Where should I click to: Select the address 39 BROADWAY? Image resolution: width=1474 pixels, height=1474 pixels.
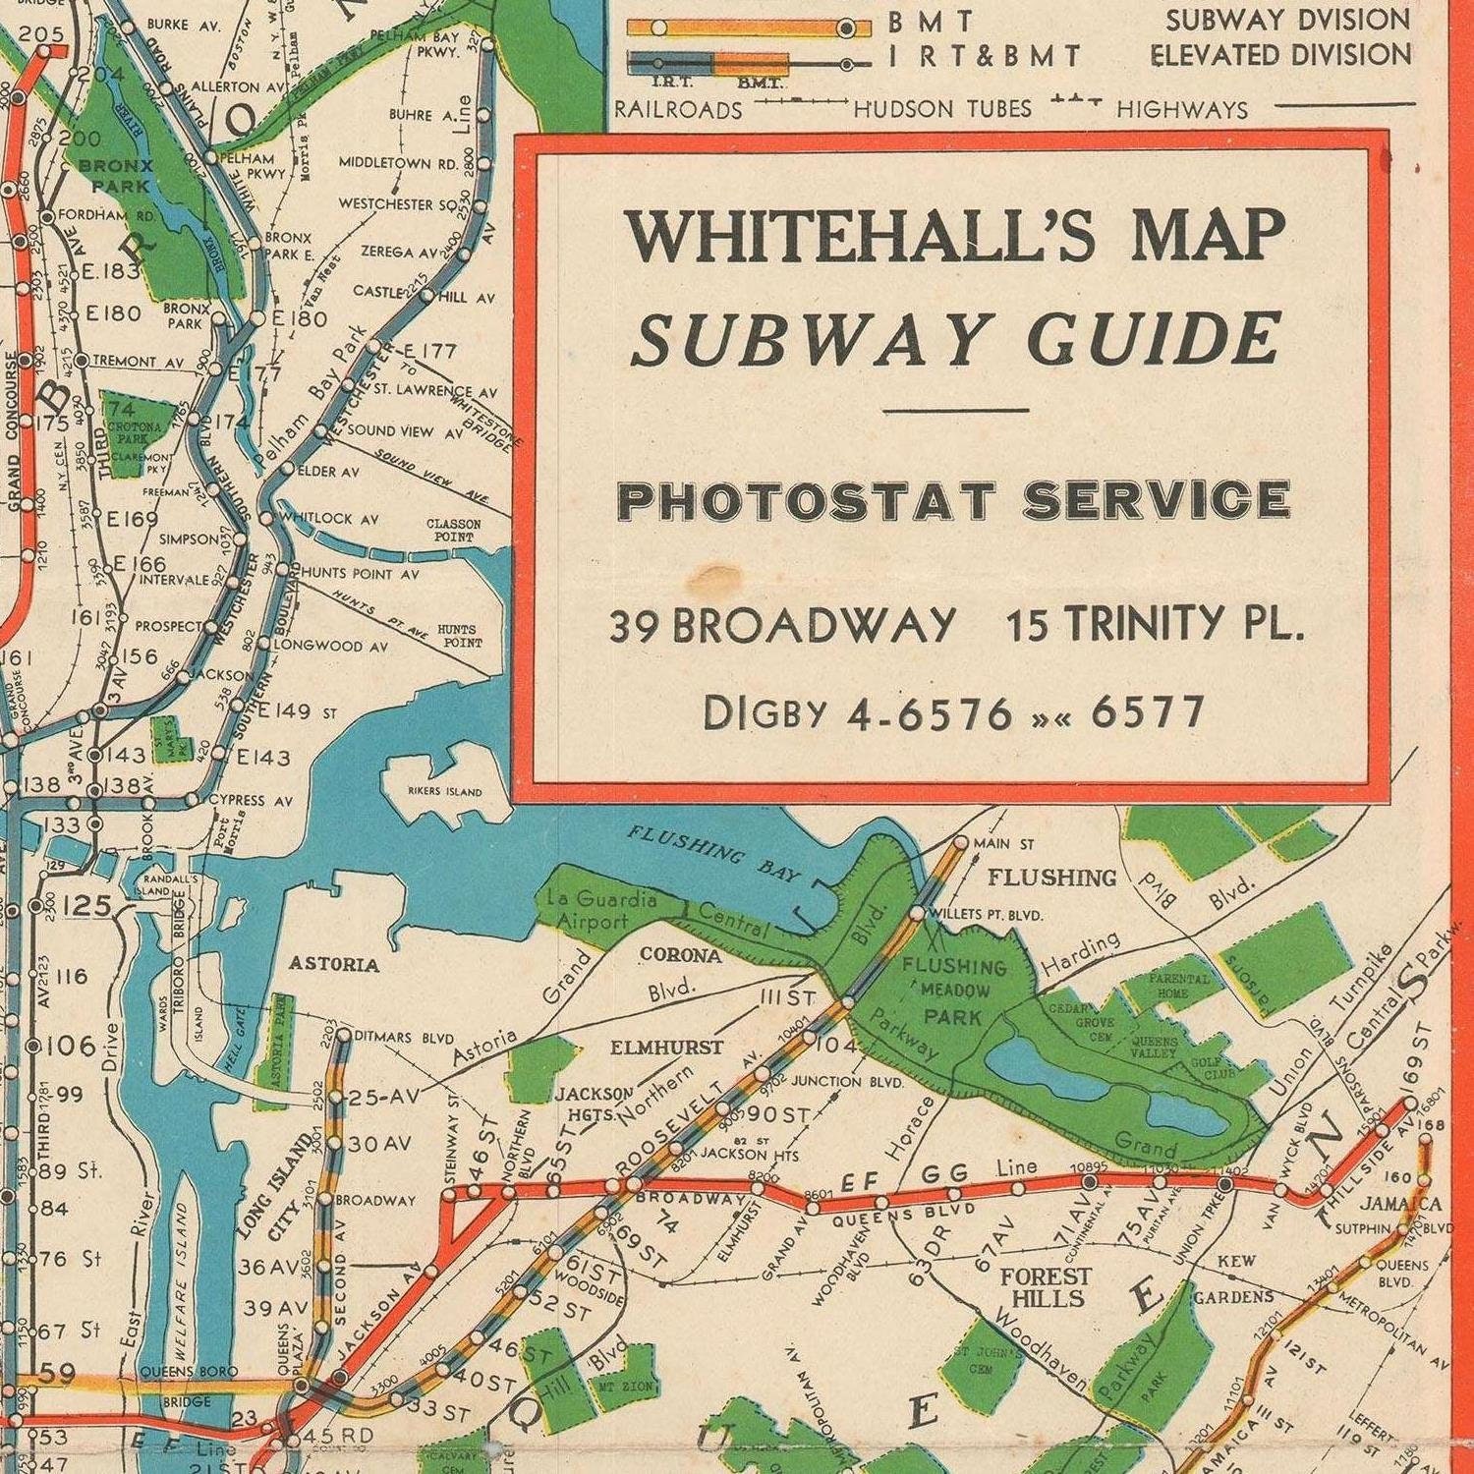(x=782, y=625)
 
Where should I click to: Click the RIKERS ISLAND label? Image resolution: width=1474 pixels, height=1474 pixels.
(x=445, y=791)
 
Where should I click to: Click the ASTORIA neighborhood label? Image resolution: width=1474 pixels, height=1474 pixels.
(x=334, y=964)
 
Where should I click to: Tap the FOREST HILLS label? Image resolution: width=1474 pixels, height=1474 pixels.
(x=1048, y=1287)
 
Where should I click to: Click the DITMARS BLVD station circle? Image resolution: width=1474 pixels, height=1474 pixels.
(x=344, y=1035)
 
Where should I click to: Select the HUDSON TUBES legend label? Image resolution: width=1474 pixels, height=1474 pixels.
(x=942, y=108)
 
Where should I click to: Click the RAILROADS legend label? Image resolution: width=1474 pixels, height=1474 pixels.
(x=679, y=108)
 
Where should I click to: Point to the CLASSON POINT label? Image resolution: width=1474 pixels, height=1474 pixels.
(x=454, y=531)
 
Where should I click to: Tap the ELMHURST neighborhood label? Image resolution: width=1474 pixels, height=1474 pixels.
(x=666, y=1048)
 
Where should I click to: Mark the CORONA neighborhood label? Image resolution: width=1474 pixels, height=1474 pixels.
(x=680, y=955)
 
